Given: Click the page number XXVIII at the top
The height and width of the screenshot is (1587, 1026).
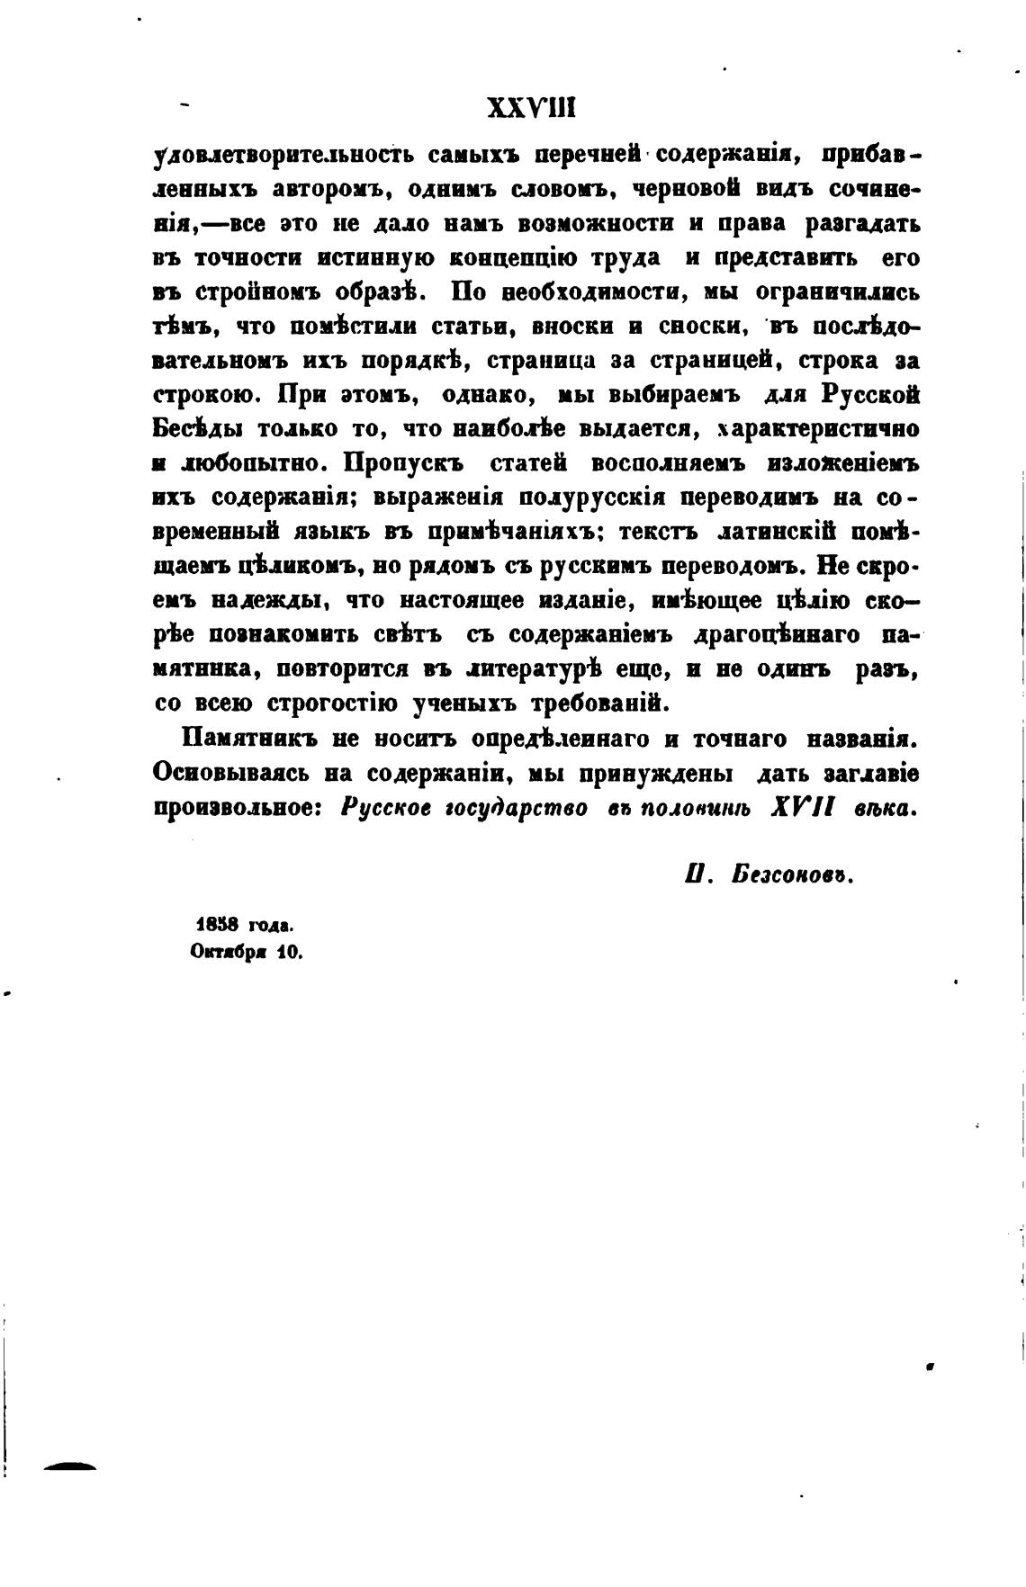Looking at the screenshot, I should point(530,109).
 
